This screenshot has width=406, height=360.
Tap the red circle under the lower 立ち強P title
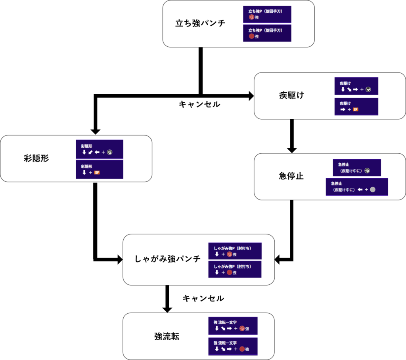point(251,36)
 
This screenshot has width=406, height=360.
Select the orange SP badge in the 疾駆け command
point(355,109)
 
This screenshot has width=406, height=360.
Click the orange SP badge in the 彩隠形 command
point(97,173)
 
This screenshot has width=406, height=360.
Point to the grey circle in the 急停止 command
point(372,190)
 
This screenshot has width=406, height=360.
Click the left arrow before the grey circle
point(360,190)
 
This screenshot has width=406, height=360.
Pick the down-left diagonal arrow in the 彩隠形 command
point(90,152)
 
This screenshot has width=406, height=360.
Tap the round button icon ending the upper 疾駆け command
point(368,90)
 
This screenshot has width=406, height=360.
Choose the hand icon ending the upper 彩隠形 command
point(110,152)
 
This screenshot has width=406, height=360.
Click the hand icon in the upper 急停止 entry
point(368,171)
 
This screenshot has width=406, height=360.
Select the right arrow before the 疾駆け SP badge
point(343,109)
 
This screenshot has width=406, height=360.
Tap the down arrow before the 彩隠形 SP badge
point(84,173)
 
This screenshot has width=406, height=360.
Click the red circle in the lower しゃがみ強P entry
point(229,272)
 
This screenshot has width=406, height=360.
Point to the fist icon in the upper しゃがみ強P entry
point(229,254)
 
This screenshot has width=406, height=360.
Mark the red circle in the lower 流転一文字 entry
point(242,349)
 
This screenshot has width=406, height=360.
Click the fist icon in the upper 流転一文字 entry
point(242,328)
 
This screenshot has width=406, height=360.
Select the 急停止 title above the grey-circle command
point(336,183)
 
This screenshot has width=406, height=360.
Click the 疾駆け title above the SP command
point(345,103)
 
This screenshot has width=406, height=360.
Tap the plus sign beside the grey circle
point(366,190)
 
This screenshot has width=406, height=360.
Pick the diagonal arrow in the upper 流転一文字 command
point(223,328)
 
